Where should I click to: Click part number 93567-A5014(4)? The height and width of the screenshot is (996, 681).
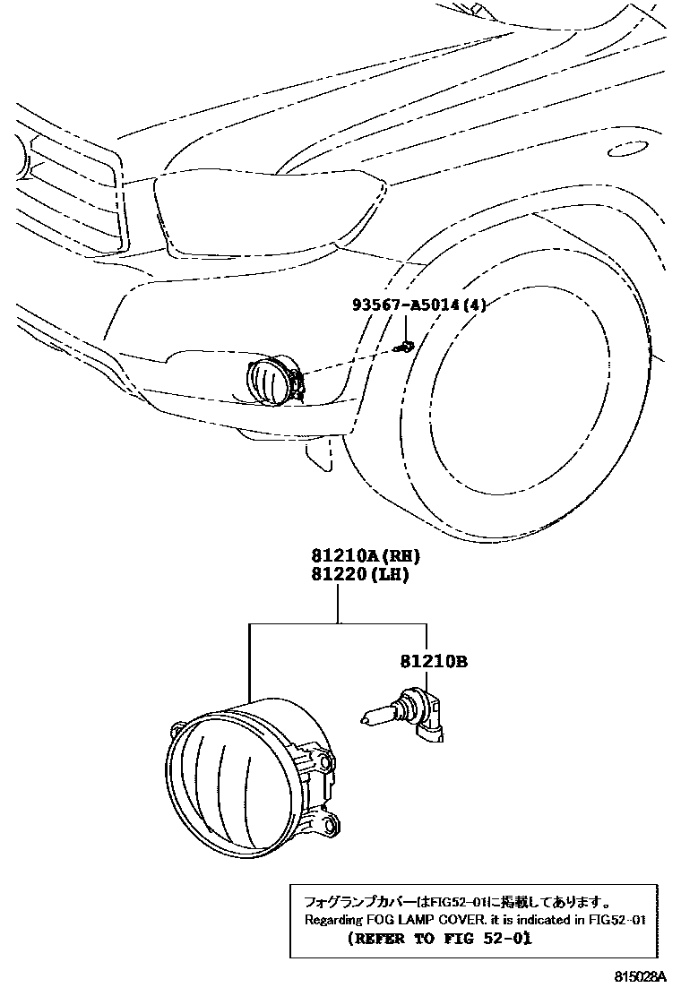[x=418, y=305]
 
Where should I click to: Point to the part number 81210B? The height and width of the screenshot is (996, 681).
[x=434, y=663]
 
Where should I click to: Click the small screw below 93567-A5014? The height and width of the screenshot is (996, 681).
[x=406, y=345]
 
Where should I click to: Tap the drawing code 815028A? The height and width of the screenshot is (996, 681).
[x=641, y=977]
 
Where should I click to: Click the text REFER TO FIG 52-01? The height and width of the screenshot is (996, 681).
[x=439, y=939]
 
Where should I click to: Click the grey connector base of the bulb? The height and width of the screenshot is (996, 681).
[x=431, y=725]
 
